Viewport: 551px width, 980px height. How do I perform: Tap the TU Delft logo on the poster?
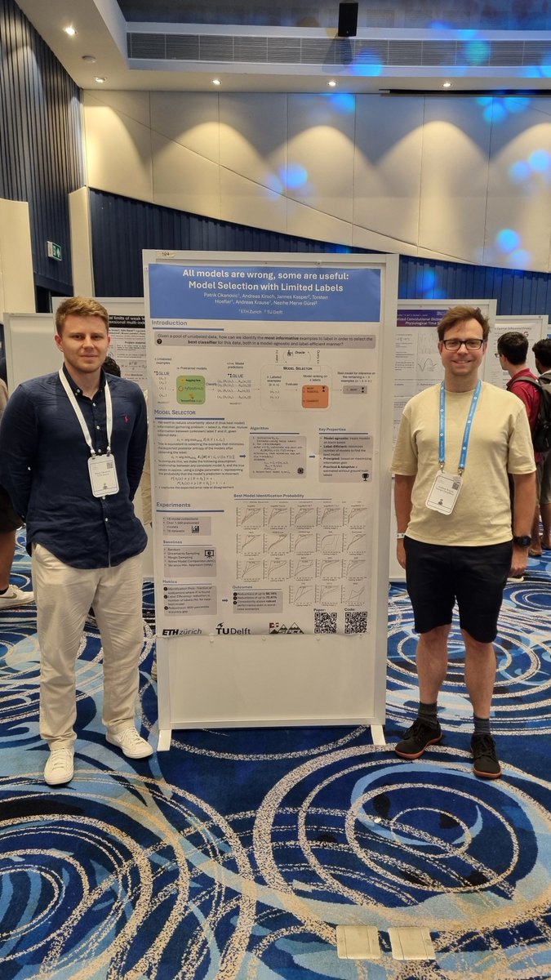click(x=233, y=628)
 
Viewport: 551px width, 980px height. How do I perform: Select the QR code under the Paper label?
click(x=325, y=622)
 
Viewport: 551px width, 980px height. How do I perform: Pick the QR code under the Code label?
click(x=355, y=622)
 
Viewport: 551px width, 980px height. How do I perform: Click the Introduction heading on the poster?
click(x=169, y=323)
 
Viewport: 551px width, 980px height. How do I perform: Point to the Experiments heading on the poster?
click(x=173, y=505)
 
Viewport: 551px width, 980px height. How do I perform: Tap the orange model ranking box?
click(x=314, y=396)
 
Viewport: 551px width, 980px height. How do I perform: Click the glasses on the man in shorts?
click(x=462, y=344)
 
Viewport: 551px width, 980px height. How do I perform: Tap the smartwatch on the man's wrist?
click(x=522, y=541)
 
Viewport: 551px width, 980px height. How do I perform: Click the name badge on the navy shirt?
click(x=103, y=474)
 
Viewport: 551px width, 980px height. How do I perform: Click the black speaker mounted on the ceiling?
click(x=348, y=19)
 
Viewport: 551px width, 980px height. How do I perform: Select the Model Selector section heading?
click(x=174, y=412)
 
